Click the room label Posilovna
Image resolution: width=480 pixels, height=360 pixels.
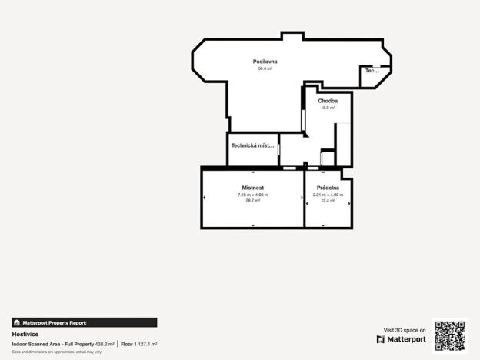[x=265, y=62]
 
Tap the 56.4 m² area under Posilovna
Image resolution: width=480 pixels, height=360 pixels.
[x=265, y=68]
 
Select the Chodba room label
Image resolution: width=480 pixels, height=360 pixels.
[x=328, y=101]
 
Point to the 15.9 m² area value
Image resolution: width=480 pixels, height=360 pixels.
[x=328, y=108]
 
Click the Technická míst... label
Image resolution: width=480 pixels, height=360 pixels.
[x=252, y=145]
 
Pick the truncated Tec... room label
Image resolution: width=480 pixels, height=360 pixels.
[x=372, y=71]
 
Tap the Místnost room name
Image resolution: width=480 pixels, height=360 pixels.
[x=253, y=188]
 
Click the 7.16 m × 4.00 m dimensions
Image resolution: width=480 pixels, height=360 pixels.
[x=253, y=195]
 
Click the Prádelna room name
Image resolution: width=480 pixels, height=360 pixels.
[x=328, y=188]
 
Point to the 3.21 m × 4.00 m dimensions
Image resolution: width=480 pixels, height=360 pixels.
[x=328, y=195]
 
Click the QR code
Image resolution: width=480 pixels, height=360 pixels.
[x=449, y=335]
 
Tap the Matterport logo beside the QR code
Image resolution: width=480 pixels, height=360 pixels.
[x=401, y=339]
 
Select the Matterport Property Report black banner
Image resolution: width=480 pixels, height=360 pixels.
[x=85, y=323]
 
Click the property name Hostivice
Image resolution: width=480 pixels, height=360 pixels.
[x=26, y=335]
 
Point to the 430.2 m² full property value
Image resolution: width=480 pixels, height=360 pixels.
[x=105, y=344]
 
